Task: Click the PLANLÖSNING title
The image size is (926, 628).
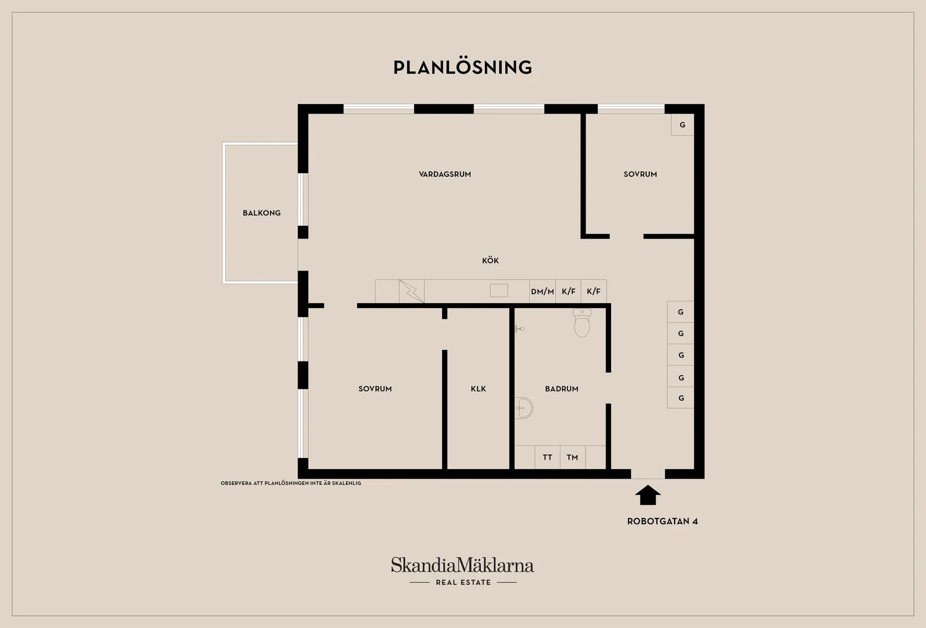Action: (x=462, y=67)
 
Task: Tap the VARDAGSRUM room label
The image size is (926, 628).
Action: (x=445, y=174)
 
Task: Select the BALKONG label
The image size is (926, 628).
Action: (x=262, y=213)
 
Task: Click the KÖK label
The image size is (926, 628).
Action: (x=490, y=260)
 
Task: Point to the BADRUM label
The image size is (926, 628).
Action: (x=561, y=388)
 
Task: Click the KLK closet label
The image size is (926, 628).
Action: (x=478, y=388)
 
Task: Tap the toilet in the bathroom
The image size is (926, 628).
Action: (x=581, y=323)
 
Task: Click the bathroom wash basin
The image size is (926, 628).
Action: (x=524, y=408)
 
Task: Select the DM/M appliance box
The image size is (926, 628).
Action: (x=542, y=291)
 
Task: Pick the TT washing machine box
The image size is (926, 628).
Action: (x=547, y=457)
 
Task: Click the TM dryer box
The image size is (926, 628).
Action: (x=572, y=457)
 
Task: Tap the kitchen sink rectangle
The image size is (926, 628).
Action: (x=499, y=290)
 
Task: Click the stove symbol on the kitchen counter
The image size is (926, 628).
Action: (x=412, y=291)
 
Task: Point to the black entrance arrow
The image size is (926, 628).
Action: (x=648, y=495)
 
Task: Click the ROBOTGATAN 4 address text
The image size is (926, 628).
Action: (x=662, y=521)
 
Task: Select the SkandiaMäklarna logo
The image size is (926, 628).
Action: (x=462, y=565)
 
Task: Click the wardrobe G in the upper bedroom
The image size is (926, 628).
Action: (x=682, y=125)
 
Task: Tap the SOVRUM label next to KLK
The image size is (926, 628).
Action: (x=375, y=388)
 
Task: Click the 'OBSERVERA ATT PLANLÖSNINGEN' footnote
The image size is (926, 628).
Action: (x=291, y=483)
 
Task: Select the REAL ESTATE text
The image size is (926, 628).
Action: (x=464, y=583)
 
